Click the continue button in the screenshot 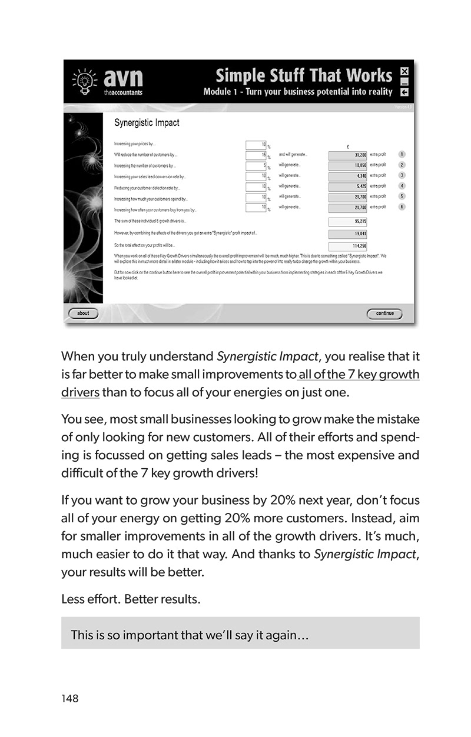(x=384, y=314)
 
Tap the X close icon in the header (x=404, y=72)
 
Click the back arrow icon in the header (x=404, y=92)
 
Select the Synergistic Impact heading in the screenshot (x=146, y=123)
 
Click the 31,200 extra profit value (x=347, y=155)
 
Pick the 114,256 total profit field (x=347, y=246)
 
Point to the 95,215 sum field (x=347, y=222)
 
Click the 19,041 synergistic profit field (x=347, y=234)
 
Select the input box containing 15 (x=257, y=155)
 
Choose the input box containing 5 (x=257, y=165)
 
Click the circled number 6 (x=402, y=207)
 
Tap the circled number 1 (x=402, y=155)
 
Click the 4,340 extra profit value (x=347, y=176)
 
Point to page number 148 (x=69, y=699)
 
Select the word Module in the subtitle (x=218, y=92)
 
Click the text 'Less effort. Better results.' (x=131, y=600)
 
